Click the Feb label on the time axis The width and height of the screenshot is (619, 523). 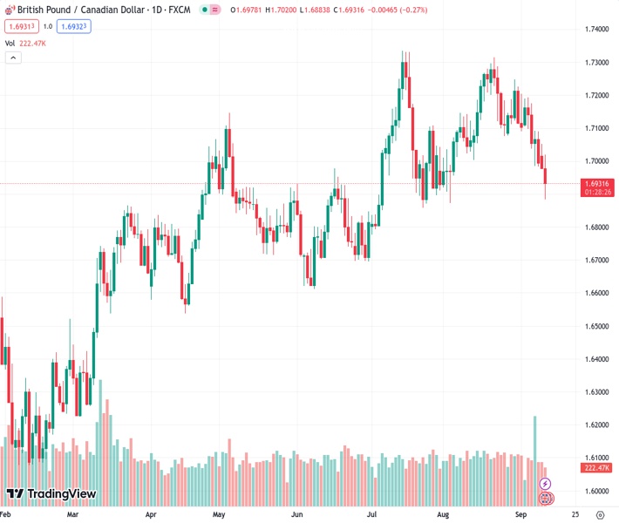pyautogui.click(x=9, y=515)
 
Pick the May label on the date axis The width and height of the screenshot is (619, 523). pyautogui.click(x=219, y=515)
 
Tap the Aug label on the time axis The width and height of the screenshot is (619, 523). pyautogui.click(x=444, y=515)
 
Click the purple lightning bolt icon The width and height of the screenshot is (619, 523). pyautogui.click(x=546, y=483)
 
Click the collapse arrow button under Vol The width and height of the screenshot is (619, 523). pyautogui.click(x=13, y=58)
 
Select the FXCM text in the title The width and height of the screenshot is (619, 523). pyautogui.click(x=180, y=10)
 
